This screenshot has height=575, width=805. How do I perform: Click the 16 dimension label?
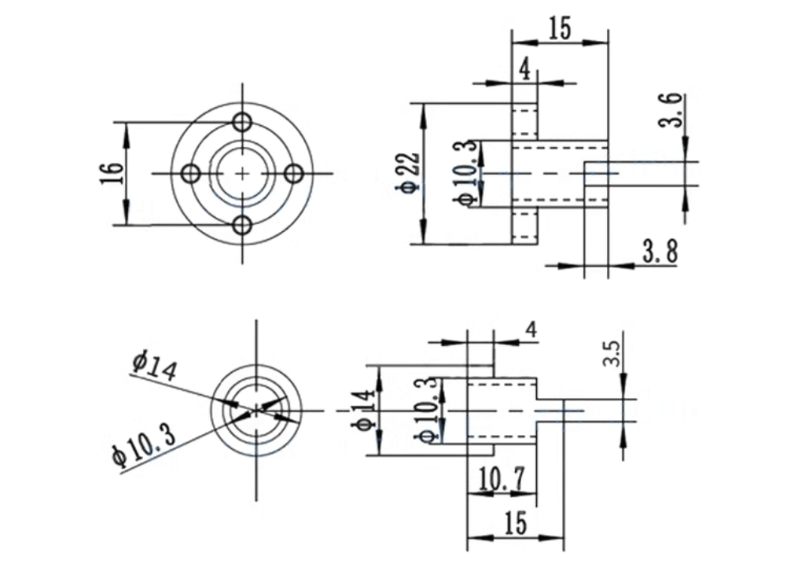click(x=116, y=174)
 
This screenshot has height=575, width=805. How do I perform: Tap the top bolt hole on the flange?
click(x=242, y=122)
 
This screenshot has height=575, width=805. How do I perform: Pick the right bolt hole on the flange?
click(x=294, y=174)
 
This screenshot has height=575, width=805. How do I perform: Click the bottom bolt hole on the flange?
click(x=242, y=225)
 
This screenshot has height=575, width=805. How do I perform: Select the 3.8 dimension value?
click(x=660, y=252)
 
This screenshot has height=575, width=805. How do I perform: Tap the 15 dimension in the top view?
click(x=560, y=28)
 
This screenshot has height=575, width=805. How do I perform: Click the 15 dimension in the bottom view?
click(x=516, y=523)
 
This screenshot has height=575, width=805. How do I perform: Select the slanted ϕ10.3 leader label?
click(x=144, y=445)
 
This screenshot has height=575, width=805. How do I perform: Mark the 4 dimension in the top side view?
click(x=524, y=70)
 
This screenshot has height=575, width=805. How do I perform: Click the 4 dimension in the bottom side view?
click(x=532, y=330)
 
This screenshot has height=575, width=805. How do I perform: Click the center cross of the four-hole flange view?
click(x=242, y=174)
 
